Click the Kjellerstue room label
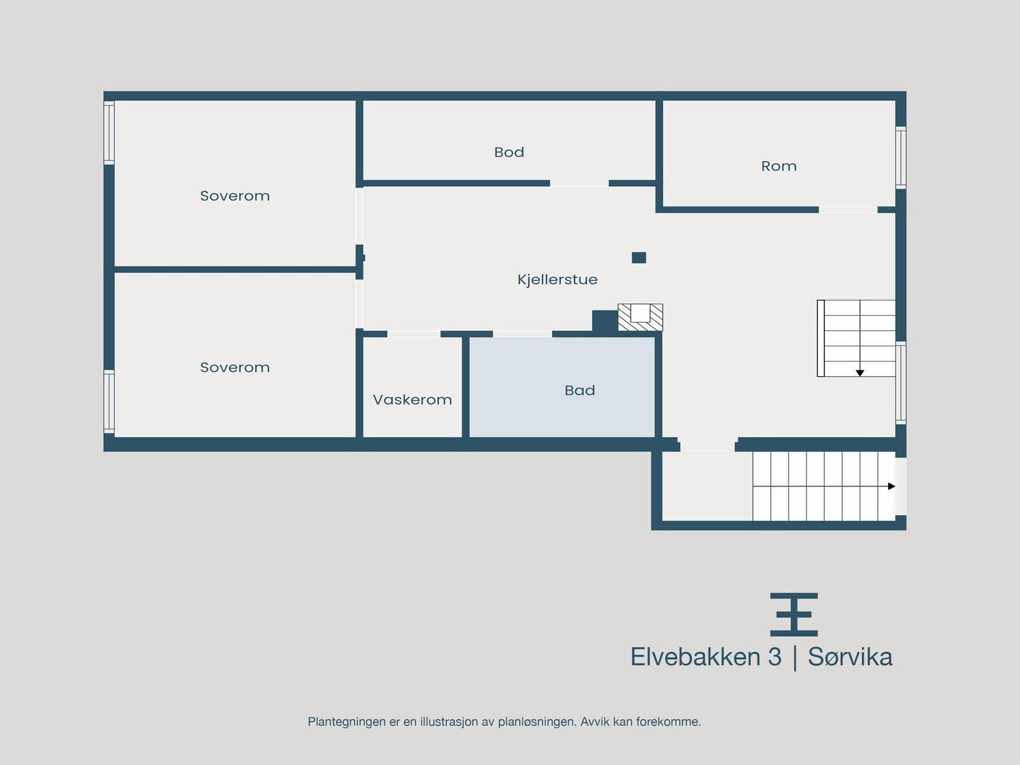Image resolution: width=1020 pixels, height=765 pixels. pos(557,279)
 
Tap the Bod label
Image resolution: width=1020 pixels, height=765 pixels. pos(509,152)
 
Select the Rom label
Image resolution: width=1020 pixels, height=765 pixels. pos(778,166)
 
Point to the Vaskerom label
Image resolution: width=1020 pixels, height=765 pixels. pos(412,400)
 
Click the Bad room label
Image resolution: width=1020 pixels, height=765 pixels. pos(579,390)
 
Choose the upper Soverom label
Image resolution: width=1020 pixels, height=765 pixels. pos(235,196)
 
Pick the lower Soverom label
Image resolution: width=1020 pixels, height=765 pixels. pos(235,367)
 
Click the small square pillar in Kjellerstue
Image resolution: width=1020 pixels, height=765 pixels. pos(639,258)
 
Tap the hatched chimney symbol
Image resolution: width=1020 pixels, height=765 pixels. pos(640,317)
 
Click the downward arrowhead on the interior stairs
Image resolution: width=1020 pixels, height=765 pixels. pos(859,373)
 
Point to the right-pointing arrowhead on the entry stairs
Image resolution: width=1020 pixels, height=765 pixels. pos(891,486)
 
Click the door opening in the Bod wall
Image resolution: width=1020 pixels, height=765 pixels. pos(579,184)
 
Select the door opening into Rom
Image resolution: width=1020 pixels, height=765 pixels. pos(848,210)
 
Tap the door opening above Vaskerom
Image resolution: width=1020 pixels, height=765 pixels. pos(414,334)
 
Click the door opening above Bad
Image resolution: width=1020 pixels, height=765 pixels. pos(522,334)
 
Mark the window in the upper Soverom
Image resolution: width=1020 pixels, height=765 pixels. pos(109,133)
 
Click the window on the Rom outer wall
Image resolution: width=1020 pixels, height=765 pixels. pos(901,157)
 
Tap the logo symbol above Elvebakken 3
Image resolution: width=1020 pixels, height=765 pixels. pos(794,615)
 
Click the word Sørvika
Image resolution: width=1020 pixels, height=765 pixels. pos(850,657)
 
